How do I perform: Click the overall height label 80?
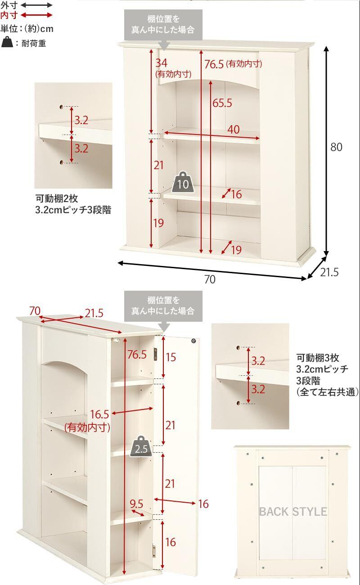click(x=336, y=147)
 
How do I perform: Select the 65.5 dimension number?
click(x=222, y=103)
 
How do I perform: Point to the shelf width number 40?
click(x=233, y=129)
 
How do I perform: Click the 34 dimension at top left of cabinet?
click(x=162, y=63)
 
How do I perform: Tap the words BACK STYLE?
click(x=292, y=512)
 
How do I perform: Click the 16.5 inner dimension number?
click(x=100, y=414)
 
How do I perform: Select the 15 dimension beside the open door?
click(x=171, y=357)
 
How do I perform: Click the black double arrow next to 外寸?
click(x=37, y=5)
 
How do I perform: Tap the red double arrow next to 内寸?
click(x=37, y=15)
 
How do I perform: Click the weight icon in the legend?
click(x=8, y=43)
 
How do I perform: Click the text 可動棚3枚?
click(x=317, y=358)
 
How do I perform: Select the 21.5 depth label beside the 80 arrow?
click(x=329, y=272)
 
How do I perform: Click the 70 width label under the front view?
click(x=210, y=279)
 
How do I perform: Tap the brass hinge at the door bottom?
click(x=154, y=550)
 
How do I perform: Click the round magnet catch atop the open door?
click(x=194, y=341)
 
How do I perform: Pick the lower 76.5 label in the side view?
click(x=137, y=354)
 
